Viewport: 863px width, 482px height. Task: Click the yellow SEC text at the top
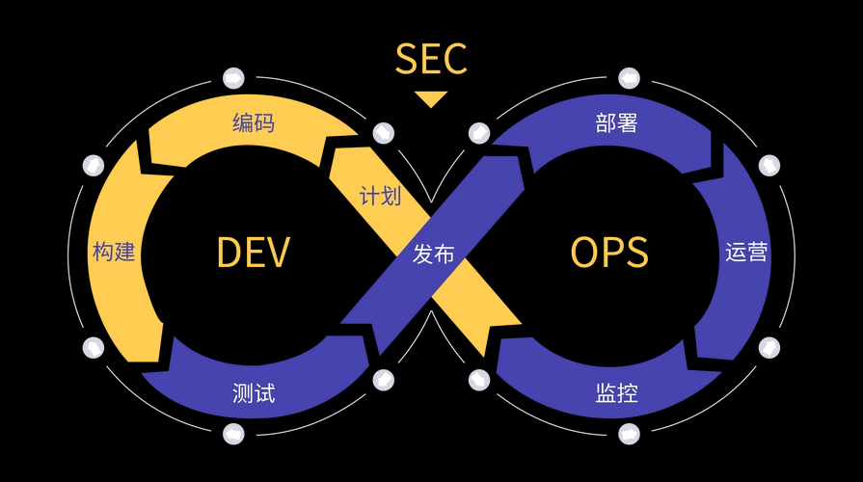[431, 59]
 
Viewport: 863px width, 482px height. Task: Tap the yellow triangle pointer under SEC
[431, 98]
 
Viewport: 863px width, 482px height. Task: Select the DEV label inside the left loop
[253, 253]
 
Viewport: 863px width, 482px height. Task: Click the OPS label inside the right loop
[608, 253]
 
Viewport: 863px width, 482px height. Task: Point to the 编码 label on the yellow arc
[254, 123]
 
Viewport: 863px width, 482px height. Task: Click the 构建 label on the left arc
[114, 253]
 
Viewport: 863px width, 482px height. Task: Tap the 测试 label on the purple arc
[254, 393]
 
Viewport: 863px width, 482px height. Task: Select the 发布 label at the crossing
[433, 254]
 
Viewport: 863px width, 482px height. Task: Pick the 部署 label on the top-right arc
[617, 123]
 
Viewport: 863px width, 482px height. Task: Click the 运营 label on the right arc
[746, 253]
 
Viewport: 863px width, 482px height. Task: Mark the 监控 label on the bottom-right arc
[617, 393]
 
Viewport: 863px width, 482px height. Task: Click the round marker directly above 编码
[233, 78]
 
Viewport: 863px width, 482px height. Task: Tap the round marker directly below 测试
[233, 434]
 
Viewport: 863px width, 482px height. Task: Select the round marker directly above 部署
[629, 78]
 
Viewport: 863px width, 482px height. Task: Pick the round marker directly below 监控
[629, 434]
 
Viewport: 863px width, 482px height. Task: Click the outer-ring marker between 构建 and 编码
[94, 165]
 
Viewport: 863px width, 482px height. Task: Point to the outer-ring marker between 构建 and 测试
[94, 347]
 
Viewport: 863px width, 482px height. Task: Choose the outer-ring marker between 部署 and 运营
[769, 165]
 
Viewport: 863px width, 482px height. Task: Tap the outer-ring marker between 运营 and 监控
[769, 347]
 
